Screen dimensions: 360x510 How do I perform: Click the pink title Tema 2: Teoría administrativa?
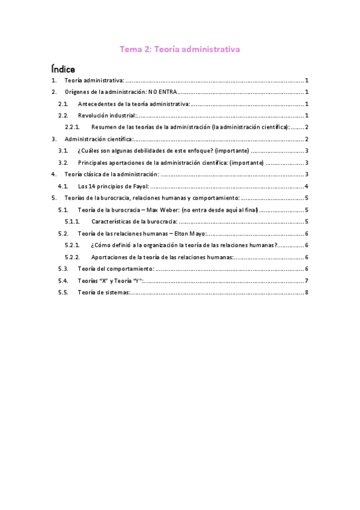(x=180, y=50)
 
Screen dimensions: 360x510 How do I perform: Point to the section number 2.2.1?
(x=72, y=127)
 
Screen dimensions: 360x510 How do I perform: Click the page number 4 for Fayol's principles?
(x=307, y=186)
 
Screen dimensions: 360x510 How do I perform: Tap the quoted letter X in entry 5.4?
(x=105, y=281)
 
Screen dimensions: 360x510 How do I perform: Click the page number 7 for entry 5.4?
(x=307, y=281)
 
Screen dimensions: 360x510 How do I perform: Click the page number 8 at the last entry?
(x=307, y=292)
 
